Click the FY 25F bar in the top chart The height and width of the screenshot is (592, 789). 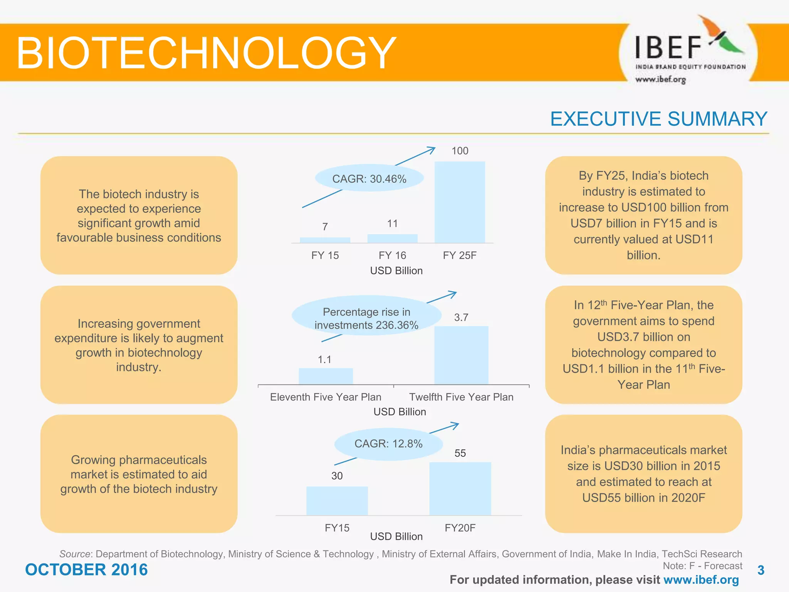tap(460, 202)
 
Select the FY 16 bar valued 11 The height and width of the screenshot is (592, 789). tap(392, 239)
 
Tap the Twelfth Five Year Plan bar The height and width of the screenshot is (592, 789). tap(461, 355)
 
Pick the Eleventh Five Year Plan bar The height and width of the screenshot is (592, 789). tap(326, 376)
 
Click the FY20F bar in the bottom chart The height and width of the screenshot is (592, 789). tap(460, 489)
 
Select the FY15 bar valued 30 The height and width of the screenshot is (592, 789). tap(337, 501)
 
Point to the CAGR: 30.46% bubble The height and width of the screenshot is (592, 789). tap(369, 179)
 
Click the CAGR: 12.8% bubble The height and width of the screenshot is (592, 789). tap(388, 444)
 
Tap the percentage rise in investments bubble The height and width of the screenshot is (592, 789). tap(366, 318)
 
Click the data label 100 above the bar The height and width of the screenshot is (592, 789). tap(460, 151)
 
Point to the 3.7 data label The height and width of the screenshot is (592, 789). tap(461, 317)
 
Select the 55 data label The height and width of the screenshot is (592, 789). tap(460, 453)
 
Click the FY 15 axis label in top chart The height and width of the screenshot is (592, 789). tap(325, 255)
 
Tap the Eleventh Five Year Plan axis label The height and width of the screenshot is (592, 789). tap(326, 397)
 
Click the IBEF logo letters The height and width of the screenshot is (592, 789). tap(668, 48)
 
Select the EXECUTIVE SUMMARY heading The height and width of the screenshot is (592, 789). tap(658, 119)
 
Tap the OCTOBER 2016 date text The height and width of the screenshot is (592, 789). tap(86, 570)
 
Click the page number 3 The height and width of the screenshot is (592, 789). tap(760, 570)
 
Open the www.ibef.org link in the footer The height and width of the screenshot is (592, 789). tap(701, 580)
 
